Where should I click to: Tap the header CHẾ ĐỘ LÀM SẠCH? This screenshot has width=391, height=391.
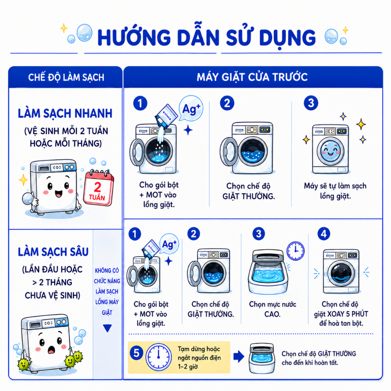pyautogui.click(x=66, y=77)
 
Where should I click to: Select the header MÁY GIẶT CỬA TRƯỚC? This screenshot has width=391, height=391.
pyautogui.click(x=252, y=77)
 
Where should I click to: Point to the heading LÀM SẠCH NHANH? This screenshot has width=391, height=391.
pyautogui.click(x=65, y=113)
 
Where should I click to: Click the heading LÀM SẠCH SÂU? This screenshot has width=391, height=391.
pyautogui.click(x=53, y=252)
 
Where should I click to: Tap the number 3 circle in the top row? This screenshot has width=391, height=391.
pyautogui.click(x=311, y=103)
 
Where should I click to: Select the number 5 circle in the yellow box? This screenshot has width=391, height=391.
pyautogui.click(x=136, y=353)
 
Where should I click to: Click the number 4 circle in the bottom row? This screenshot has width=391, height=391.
pyautogui.click(x=324, y=234)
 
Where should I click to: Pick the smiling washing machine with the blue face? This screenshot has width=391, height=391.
pyautogui.click(x=330, y=149)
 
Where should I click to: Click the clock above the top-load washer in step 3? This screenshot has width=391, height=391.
pyautogui.click(x=296, y=251)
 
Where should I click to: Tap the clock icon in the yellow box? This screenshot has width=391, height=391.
pyautogui.click(x=158, y=357)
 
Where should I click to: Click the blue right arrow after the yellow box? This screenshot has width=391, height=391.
pyautogui.click(x=239, y=356)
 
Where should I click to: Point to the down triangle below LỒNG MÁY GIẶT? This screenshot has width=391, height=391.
pyautogui.click(x=107, y=328)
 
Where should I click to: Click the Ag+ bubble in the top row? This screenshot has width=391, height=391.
pyautogui.click(x=191, y=109)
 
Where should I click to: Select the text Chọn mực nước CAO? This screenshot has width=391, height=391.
pyautogui.click(x=273, y=309)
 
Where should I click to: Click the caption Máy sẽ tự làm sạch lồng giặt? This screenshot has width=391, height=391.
pyautogui.click(x=335, y=191)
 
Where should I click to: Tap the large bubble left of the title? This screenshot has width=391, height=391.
pyautogui.click(x=84, y=33)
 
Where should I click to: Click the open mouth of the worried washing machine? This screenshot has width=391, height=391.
pyautogui.click(x=52, y=351)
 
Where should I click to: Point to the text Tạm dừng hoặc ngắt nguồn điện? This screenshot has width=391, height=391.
pyautogui.click(x=199, y=353)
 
